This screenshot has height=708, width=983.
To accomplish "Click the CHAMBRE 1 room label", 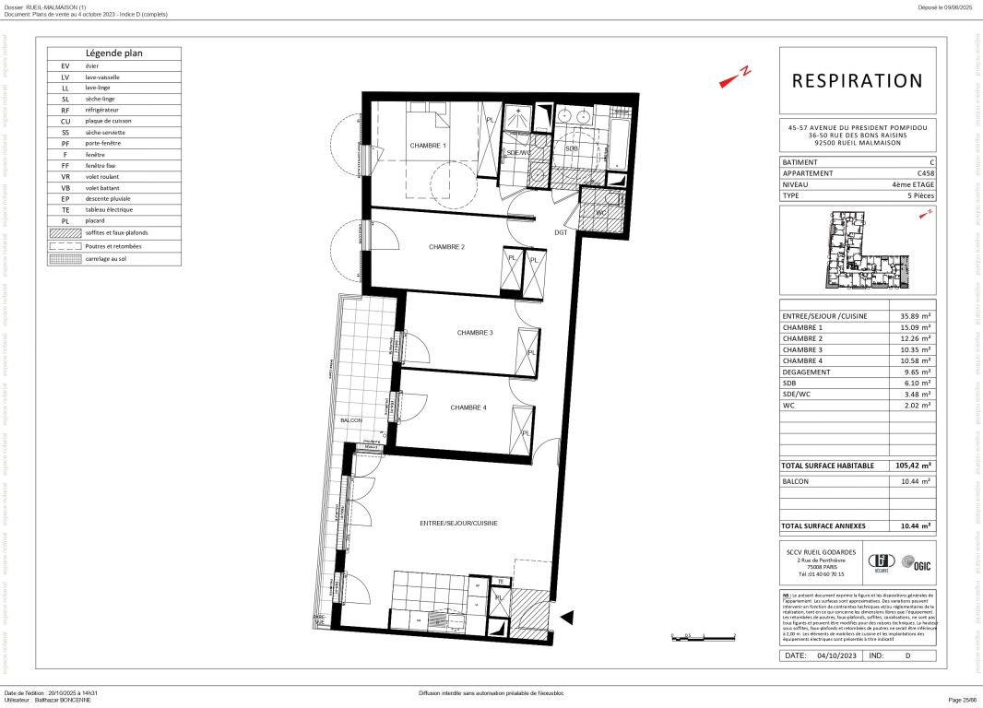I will pos(428,146).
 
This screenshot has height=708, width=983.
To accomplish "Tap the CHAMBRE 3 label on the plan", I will pos(475,333).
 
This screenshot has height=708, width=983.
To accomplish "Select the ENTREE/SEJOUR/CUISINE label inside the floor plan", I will pos(458,523).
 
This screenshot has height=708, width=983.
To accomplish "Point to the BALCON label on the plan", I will pos(351,420).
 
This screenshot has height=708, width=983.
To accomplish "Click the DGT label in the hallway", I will pos(560,233).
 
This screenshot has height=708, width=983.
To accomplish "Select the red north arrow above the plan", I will pos(736,77).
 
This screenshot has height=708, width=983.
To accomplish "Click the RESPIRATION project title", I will pos(857,81).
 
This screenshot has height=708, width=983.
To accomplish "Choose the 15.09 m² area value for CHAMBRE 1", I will pos(915,327).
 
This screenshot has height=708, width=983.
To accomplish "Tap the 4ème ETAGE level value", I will pos(912,184).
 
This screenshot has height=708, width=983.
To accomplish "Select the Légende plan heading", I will pos(114,53).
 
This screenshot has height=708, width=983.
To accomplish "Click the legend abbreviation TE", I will pos(65,209).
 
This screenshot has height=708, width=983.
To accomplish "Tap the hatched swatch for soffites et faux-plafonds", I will pos(65,232).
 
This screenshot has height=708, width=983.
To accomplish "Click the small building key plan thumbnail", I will pos(857,250).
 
